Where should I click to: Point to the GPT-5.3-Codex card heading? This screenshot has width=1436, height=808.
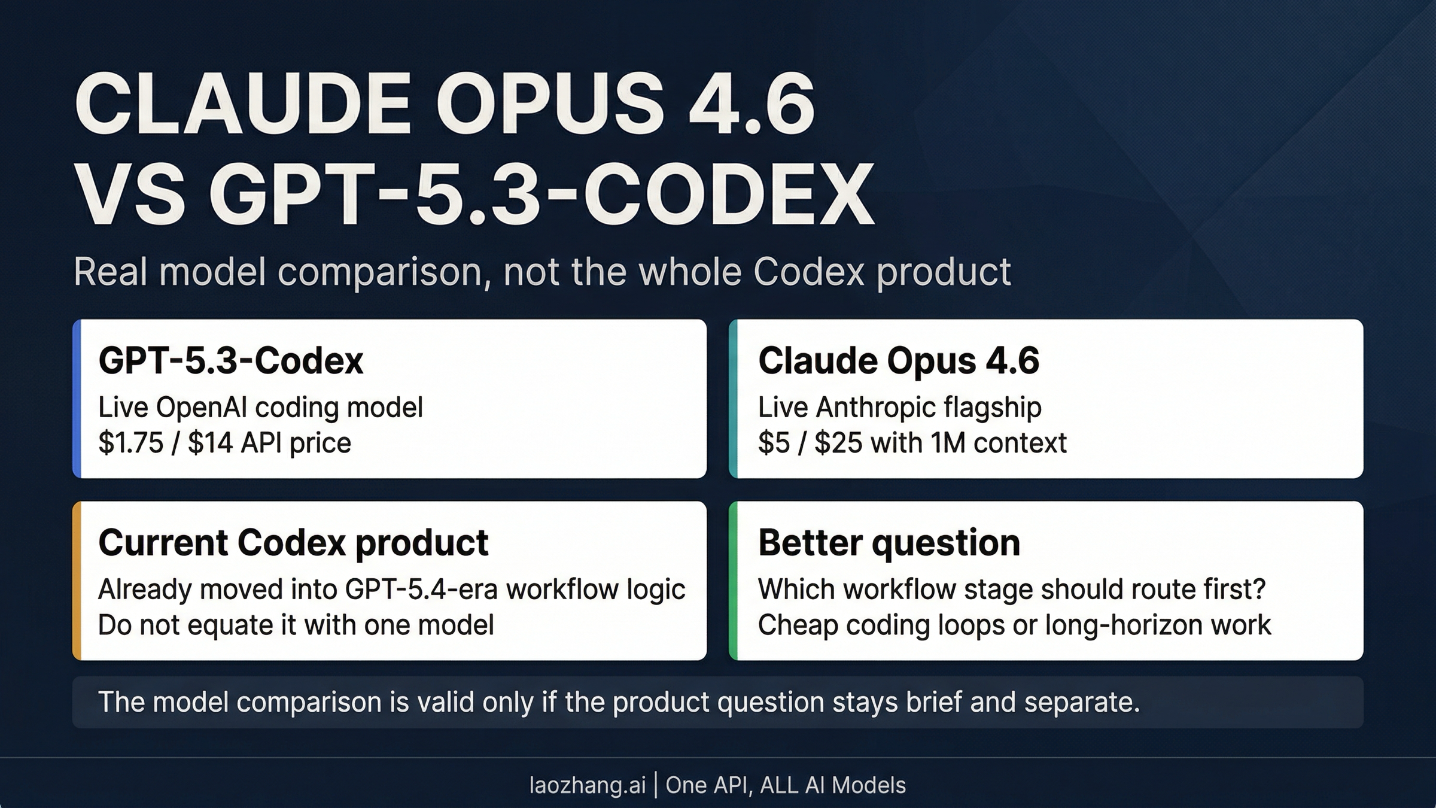(230, 361)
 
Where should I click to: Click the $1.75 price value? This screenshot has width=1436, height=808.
(130, 444)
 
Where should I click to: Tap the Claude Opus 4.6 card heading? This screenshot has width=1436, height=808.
(898, 361)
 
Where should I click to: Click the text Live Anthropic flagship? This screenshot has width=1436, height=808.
(899, 408)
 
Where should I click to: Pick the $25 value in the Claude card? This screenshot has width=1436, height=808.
(838, 444)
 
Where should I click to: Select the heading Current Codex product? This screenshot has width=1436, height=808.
(293, 543)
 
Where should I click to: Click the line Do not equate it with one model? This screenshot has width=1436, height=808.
(296, 625)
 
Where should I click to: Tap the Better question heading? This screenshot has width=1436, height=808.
(889, 543)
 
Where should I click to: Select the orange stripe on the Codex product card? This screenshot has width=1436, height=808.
(77, 581)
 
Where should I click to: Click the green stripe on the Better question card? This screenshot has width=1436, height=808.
(734, 581)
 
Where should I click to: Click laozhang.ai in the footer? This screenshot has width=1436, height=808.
(587, 785)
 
